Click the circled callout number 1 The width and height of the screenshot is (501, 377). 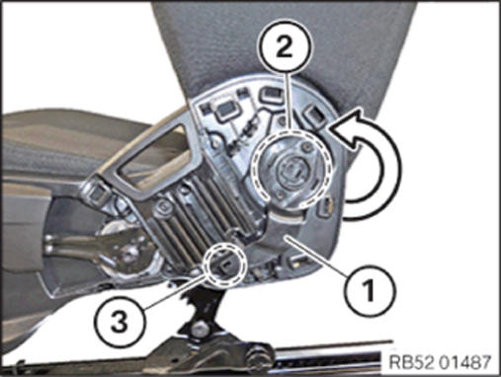[369, 290]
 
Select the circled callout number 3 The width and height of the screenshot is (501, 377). [120, 322]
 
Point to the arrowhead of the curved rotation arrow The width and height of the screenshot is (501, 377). [349, 131]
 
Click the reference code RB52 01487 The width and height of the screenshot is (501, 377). [440, 362]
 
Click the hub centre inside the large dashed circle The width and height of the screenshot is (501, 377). [290, 169]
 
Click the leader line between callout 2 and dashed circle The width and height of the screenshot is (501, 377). [289, 102]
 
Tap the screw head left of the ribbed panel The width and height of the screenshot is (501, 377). [163, 208]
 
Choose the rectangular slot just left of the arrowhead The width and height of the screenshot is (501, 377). [314, 116]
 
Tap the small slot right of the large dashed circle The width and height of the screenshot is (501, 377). [324, 208]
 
